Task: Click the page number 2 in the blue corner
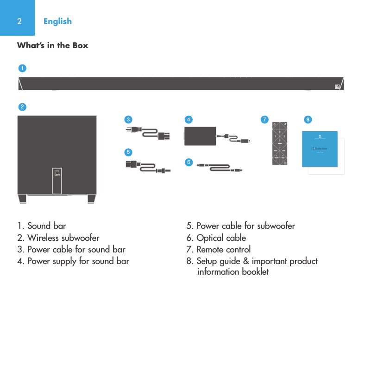pos(19,21)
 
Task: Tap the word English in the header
pos(57,21)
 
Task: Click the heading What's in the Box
pos(52,45)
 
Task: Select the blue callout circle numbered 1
pos(22,68)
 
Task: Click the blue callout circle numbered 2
pos(22,107)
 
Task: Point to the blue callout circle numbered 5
pos(128,152)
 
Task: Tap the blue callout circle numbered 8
pos(308,120)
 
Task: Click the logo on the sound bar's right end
pos(338,87)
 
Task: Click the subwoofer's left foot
pos(22,198)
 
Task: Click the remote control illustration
pos(280,143)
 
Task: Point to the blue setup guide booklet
pos(319,148)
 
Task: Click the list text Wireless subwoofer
pos(63,238)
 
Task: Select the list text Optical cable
pos(221,238)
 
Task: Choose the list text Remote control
pos(223,249)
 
